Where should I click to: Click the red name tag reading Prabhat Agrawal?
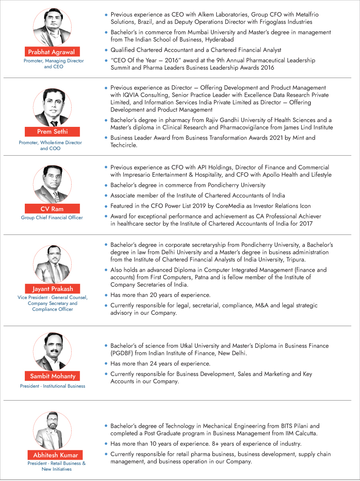pyautogui.click(x=52, y=52)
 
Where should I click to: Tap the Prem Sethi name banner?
pyautogui.click(x=52, y=132)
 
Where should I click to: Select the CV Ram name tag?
pyautogui.click(x=52, y=209)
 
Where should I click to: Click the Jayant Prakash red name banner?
pyautogui.click(x=52, y=289)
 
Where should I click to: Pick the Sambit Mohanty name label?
pyautogui.click(x=52, y=376)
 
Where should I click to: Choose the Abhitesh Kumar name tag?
pyautogui.click(x=56, y=455)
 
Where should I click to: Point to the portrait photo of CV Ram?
pyautogui.click(x=52, y=184)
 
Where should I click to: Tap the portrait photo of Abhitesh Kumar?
pyautogui.click(x=52, y=430)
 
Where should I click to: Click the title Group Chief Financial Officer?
pyautogui.click(x=52, y=218)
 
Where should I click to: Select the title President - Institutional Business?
pyautogui.click(x=52, y=386)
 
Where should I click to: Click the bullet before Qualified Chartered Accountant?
pyautogui.click(x=106, y=50)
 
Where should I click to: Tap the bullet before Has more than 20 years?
pyautogui.click(x=106, y=295)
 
